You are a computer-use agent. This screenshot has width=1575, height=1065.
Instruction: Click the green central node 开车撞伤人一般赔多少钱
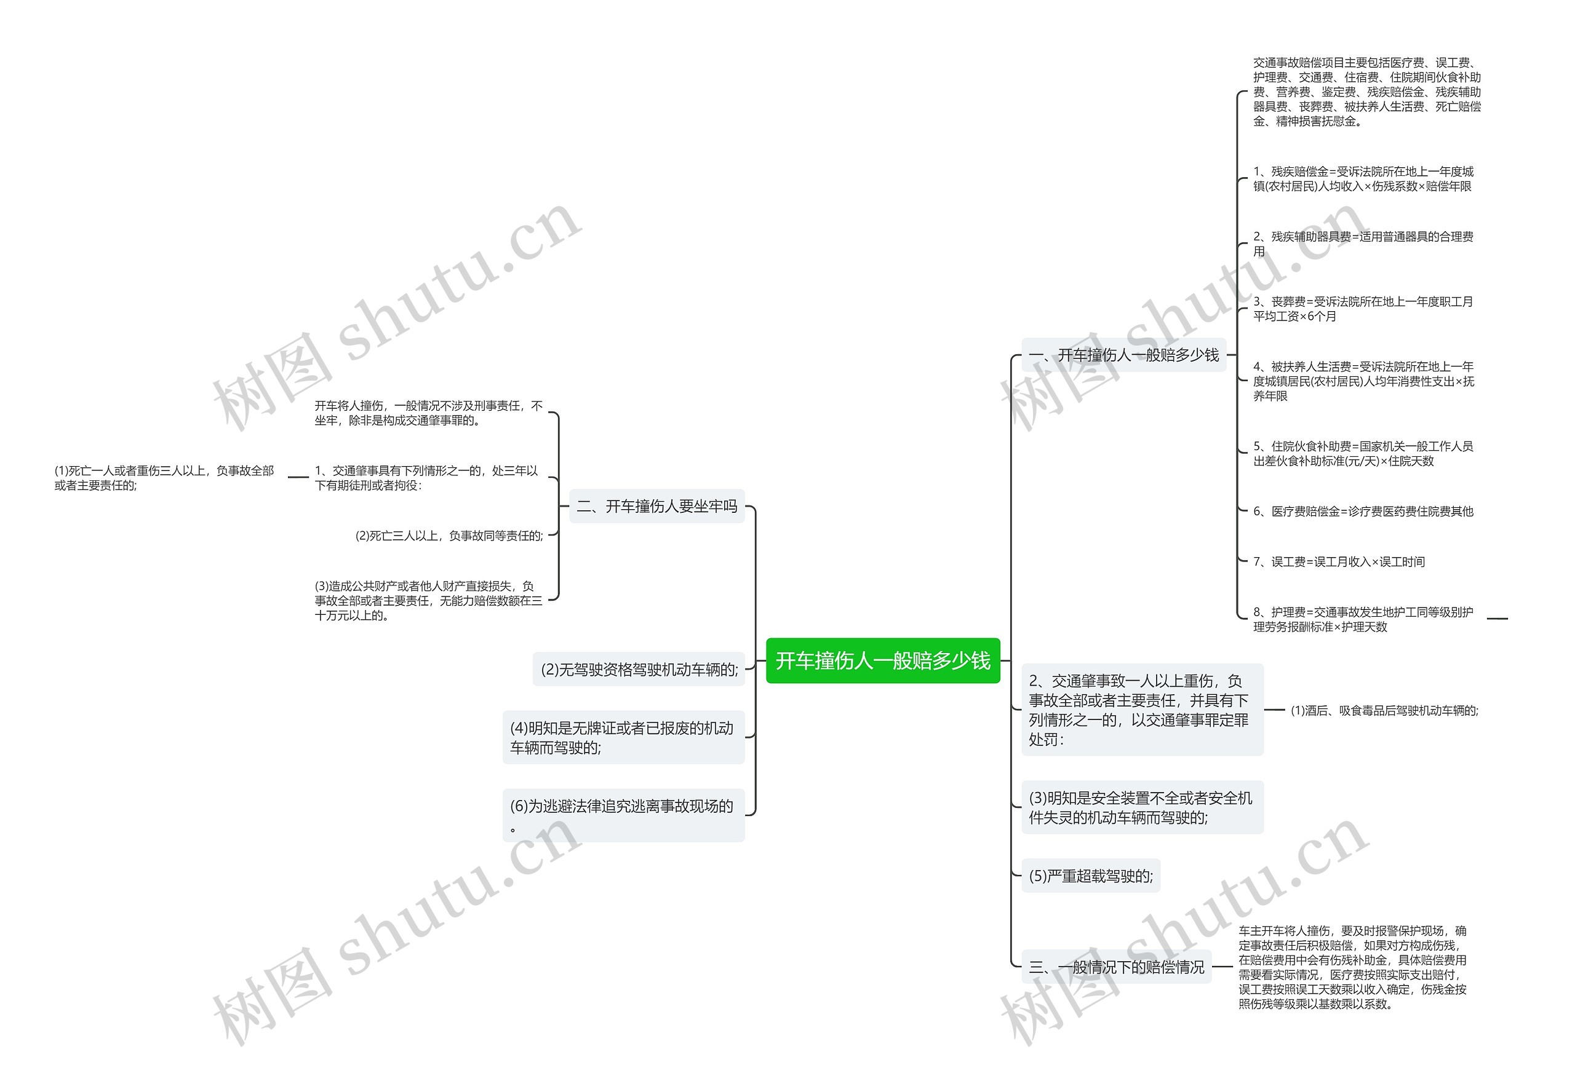point(882,660)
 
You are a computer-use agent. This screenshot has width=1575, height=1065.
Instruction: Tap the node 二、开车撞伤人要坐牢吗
point(656,506)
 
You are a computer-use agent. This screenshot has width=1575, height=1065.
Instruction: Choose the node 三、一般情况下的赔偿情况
point(1116,967)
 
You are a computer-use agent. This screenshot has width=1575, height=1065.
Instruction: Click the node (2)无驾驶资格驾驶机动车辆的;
point(639,670)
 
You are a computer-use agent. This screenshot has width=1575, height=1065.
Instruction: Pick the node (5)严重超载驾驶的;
point(1090,876)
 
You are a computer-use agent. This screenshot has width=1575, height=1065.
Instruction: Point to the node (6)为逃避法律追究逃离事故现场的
point(623,814)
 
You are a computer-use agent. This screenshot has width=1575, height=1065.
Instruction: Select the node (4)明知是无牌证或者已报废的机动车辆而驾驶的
point(623,737)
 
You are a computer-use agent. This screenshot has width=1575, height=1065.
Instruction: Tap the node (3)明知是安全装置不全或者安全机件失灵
point(1141,807)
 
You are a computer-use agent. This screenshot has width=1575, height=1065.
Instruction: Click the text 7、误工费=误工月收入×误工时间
point(1339,561)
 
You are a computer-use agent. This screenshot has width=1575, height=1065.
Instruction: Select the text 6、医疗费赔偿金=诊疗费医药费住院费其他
point(1363,512)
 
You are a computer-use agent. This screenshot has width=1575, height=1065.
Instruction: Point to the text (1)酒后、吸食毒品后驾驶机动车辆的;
point(1384,710)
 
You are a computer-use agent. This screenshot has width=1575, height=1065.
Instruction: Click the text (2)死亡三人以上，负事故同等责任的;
point(449,536)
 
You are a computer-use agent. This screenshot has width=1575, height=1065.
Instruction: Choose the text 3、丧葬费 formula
point(1362,309)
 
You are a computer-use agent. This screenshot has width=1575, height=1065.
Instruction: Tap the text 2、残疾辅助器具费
point(1362,244)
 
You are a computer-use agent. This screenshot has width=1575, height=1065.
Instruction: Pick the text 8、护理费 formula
point(1362,619)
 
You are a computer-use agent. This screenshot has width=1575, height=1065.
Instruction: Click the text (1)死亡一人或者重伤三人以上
point(164,478)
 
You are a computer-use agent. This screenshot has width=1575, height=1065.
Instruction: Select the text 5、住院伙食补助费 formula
point(1362,453)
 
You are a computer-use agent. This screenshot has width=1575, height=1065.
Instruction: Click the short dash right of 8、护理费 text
point(1497,619)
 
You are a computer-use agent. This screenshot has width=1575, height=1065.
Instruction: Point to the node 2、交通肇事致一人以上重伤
point(1141,710)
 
